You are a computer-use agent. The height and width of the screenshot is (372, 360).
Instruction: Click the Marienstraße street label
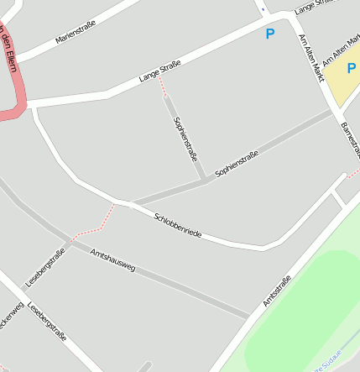[76, 31]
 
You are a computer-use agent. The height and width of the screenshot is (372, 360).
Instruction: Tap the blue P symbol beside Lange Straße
[269, 34]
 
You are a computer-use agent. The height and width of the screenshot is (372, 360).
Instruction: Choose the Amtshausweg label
[112, 262]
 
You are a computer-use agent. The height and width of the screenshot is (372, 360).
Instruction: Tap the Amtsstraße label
[277, 291]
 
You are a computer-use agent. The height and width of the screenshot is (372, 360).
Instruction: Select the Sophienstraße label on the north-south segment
[185, 138]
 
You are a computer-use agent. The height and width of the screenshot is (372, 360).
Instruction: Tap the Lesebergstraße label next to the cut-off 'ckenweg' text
[47, 322]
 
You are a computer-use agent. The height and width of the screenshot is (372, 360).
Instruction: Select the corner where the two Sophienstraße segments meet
[204, 179]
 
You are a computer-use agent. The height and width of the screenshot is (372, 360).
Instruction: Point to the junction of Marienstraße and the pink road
[17, 60]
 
